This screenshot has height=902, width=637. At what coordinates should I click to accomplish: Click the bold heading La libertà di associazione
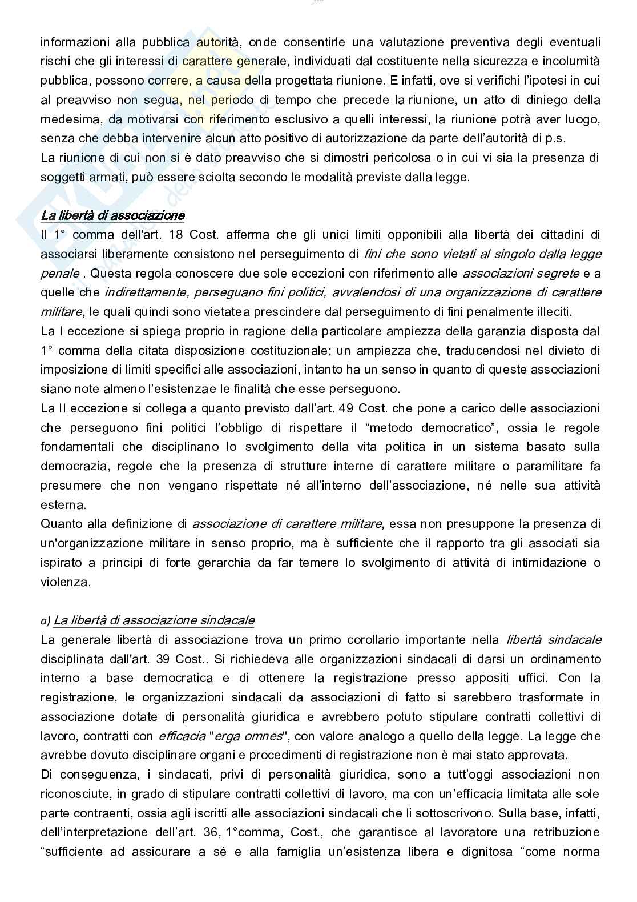pos(112,215)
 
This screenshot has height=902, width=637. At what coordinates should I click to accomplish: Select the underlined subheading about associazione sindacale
pos(154,620)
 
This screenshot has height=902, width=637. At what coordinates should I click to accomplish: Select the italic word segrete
pos(559,273)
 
